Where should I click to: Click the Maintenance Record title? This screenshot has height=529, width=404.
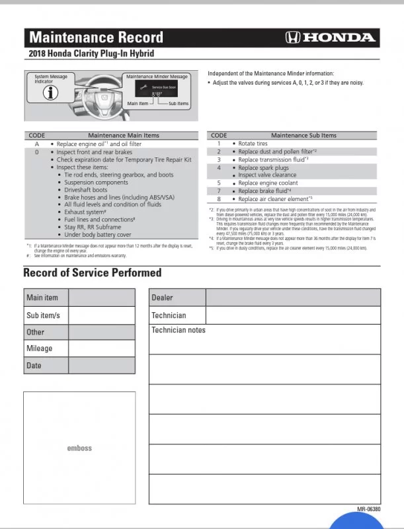[97, 36]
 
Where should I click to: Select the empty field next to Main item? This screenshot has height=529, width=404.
[102, 298]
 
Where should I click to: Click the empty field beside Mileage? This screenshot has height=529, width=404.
[102, 348]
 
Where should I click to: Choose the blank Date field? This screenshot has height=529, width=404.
[102, 365]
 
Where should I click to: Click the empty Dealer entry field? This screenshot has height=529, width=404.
[293, 298]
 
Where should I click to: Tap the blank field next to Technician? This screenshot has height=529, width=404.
[293, 315]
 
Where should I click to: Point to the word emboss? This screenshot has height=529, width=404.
[79, 448]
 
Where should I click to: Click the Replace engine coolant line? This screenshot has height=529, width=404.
[268, 183]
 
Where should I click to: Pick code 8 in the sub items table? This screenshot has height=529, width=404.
[218, 198]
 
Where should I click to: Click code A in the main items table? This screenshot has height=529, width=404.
[36, 143]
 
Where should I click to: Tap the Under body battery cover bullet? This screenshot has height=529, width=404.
[98, 234]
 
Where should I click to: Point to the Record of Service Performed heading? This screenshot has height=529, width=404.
[92, 272]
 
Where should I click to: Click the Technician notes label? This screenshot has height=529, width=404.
[179, 330]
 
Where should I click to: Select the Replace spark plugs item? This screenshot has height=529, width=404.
[263, 168]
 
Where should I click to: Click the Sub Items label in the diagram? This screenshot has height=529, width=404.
[179, 104]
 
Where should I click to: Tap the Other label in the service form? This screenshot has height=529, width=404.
[36, 332]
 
